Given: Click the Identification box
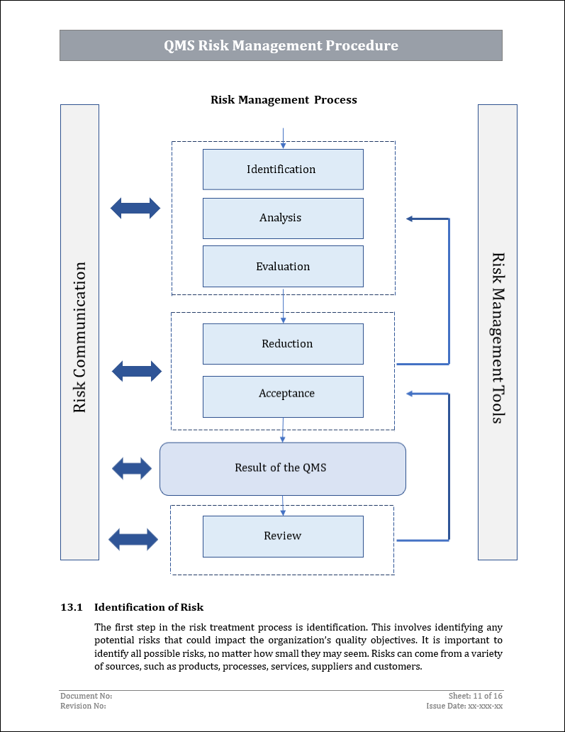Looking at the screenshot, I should pyautogui.click(x=283, y=170).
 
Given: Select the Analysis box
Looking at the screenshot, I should pyautogui.click(x=283, y=218).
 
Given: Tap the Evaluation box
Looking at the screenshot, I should pyautogui.click(x=283, y=267).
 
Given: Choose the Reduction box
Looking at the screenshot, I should pyautogui.click(x=283, y=344).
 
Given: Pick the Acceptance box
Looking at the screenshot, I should pyautogui.click(x=283, y=394).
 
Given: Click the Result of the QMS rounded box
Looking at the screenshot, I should pyautogui.click(x=282, y=468).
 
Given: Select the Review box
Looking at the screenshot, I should pyautogui.click(x=283, y=536).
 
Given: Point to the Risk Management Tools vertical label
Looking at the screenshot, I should pyautogui.click(x=498, y=338).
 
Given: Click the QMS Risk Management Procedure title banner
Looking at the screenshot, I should pyautogui.click(x=281, y=45).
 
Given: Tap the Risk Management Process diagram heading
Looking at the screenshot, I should pyautogui.click(x=284, y=100).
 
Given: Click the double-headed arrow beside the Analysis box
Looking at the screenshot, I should pyautogui.click(x=135, y=209).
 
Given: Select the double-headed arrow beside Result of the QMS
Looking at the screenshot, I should pyautogui.click(x=132, y=468).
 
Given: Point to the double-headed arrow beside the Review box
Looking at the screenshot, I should pyautogui.click(x=133, y=539).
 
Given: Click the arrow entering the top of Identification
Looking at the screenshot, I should pyautogui.click(x=283, y=138).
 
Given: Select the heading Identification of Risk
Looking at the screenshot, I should pyautogui.click(x=149, y=607).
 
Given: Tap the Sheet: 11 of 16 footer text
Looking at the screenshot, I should pyautogui.click(x=476, y=696).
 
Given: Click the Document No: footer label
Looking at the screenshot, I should pyautogui.click(x=86, y=696).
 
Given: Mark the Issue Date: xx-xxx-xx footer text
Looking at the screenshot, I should pyautogui.click(x=464, y=706).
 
